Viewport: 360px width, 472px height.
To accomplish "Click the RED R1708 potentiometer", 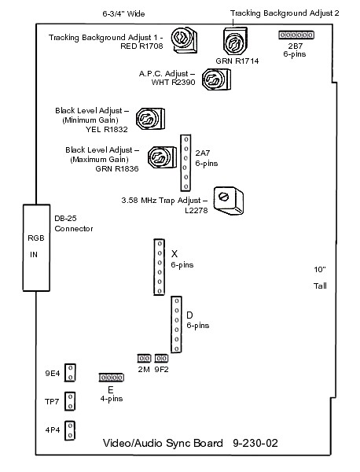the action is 184,40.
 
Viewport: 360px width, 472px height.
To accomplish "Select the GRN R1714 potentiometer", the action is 235,42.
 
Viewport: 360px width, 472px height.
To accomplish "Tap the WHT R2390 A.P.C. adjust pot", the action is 216,79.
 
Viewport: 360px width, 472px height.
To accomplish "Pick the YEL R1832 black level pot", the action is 150,119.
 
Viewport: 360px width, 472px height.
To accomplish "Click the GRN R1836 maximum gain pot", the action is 162,157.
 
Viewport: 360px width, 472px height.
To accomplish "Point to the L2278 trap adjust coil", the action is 228,201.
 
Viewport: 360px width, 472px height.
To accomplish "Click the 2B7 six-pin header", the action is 296,35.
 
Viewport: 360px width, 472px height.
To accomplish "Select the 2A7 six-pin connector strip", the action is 186,163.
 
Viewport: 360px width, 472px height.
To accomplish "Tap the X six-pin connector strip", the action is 159,267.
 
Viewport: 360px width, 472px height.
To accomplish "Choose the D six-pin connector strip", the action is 176,324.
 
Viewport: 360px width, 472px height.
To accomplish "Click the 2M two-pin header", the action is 144,359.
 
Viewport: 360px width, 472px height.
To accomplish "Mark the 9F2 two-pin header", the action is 161,359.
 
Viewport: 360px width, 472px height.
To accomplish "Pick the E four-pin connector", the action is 112,378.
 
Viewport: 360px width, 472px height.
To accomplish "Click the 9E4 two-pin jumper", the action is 70,373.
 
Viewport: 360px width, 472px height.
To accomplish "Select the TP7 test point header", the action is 70,401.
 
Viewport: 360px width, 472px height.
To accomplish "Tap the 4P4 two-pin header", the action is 70,430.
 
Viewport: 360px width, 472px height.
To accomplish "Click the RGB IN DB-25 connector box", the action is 36,248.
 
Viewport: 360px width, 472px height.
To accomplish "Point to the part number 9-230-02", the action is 255,443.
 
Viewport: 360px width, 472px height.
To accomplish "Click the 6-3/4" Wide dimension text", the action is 123,14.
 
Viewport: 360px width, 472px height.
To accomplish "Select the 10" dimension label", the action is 320,269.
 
